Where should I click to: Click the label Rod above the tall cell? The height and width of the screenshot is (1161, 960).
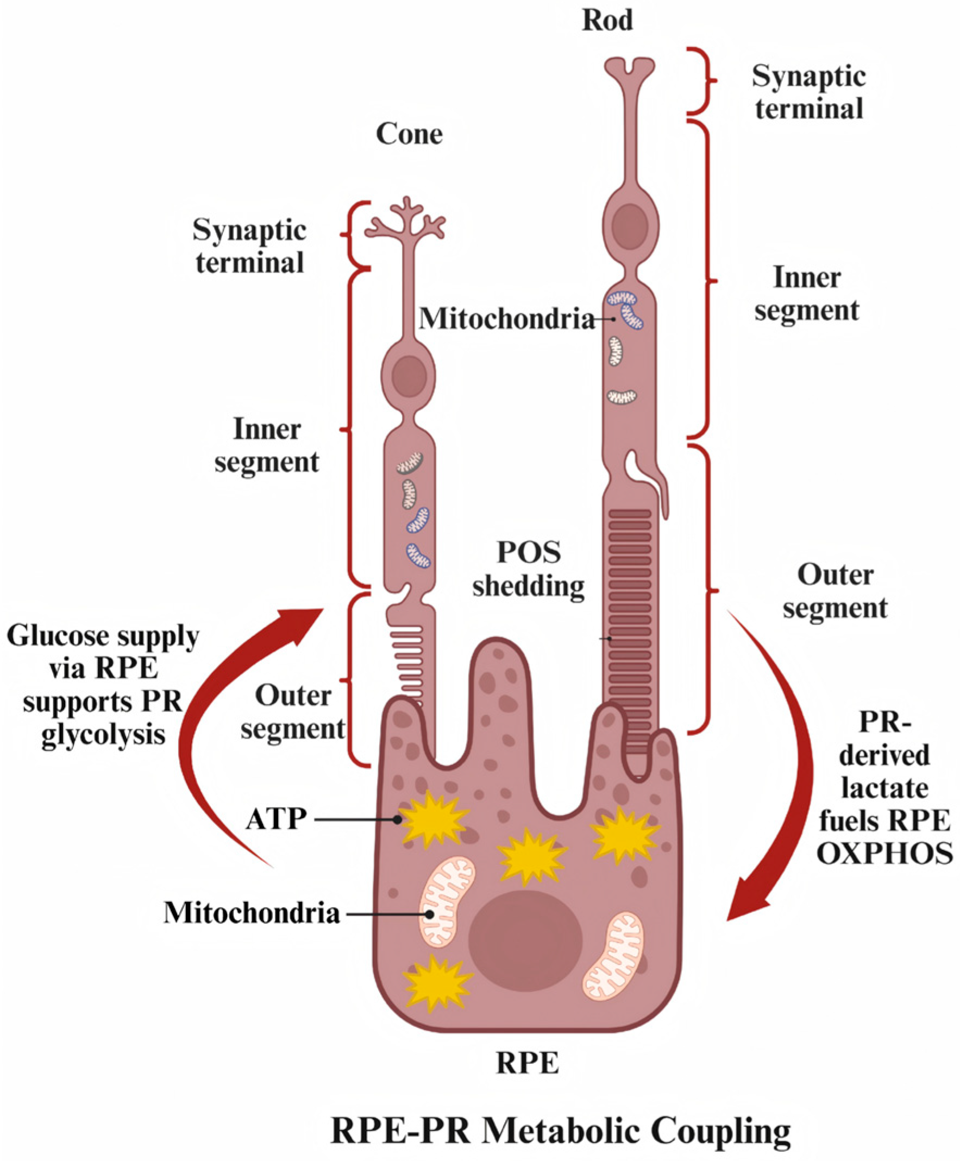(607, 21)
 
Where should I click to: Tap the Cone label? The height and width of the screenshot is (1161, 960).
(409, 134)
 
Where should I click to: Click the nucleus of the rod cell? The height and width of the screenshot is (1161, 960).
(630, 226)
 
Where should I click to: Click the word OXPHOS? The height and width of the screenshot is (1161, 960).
(884, 854)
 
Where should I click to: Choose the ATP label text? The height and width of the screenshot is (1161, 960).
(276, 819)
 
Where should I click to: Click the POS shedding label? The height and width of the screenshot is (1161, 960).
(529, 569)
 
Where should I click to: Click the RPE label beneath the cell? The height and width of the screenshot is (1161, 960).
(528, 1063)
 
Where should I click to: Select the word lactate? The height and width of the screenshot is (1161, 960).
(884, 788)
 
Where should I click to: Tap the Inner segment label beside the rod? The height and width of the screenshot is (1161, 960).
(807, 293)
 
